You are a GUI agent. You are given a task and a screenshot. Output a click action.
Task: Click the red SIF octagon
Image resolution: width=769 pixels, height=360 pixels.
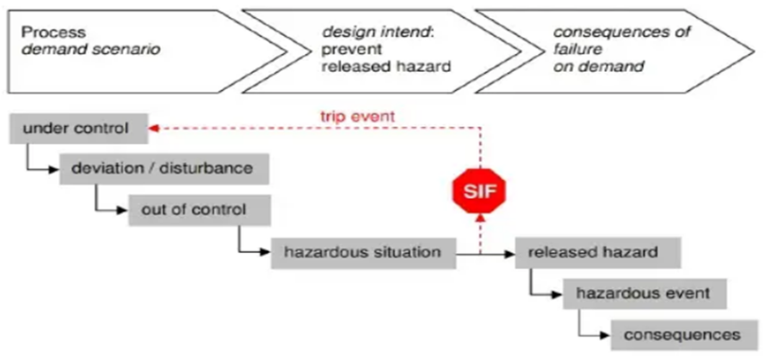tap(478, 190)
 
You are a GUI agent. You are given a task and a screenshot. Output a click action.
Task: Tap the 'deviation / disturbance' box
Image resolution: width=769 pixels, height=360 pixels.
tap(162, 168)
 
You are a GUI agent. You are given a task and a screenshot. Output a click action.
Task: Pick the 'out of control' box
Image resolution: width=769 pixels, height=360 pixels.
tap(194, 209)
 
